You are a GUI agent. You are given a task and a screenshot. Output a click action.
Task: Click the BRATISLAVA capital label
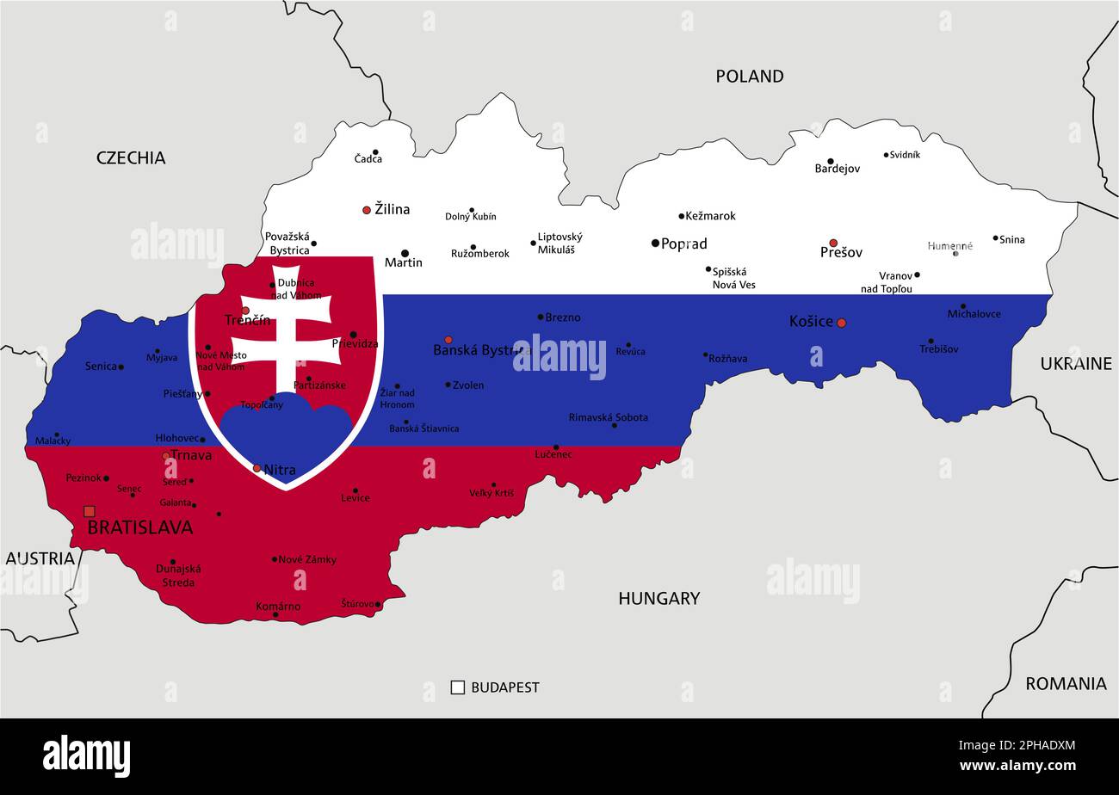point(139,527)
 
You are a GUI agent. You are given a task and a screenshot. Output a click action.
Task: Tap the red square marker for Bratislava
point(90,511)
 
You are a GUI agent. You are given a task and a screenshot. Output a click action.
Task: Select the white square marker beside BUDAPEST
point(458,687)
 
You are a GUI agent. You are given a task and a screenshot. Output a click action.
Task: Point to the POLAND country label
point(749,77)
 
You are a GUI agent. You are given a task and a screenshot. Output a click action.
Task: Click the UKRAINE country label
point(1075,364)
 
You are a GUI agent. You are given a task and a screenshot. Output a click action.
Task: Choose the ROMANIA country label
point(1065,684)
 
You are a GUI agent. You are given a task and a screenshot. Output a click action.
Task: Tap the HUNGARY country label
point(658,598)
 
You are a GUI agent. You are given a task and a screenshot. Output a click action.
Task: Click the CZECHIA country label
point(131,157)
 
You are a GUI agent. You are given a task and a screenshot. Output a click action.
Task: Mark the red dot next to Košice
point(841,323)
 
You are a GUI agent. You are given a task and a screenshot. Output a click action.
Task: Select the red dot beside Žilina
point(367,210)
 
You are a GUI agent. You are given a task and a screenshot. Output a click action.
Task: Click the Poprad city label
point(683,244)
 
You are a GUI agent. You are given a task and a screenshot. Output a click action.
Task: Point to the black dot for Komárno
point(275,615)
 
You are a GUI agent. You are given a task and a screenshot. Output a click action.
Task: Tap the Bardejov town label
point(837,169)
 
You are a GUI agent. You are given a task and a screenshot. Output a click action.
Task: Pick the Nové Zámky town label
point(307,559)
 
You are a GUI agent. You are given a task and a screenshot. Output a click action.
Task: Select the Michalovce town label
point(974,314)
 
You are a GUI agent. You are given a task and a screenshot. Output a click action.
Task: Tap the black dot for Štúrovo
point(378,605)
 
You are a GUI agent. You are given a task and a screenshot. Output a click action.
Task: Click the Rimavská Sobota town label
point(608,417)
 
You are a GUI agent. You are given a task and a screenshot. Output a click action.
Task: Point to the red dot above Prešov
point(833,243)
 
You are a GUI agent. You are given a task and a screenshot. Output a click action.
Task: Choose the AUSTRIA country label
point(40,558)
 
